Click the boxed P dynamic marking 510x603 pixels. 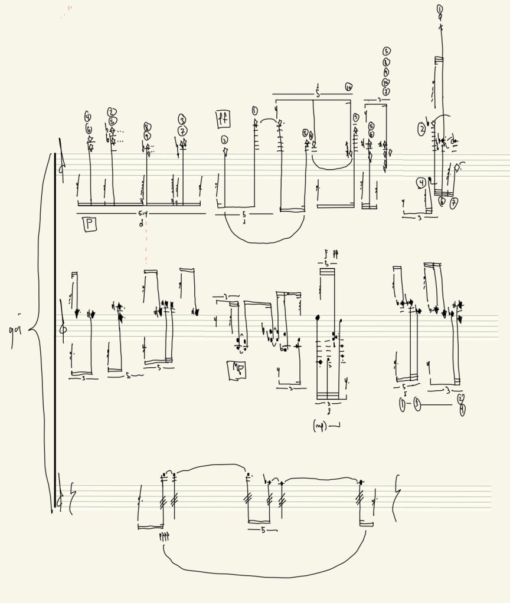(89, 223)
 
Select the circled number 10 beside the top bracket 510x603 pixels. (348, 87)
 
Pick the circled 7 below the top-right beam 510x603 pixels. (454, 203)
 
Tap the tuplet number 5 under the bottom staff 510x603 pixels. (263, 530)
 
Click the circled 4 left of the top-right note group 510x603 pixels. (420, 182)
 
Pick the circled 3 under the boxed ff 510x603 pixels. (225, 140)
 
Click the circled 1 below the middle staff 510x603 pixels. (403, 404)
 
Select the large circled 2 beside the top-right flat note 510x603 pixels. (423, 128)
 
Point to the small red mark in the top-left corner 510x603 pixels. (70, 8)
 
